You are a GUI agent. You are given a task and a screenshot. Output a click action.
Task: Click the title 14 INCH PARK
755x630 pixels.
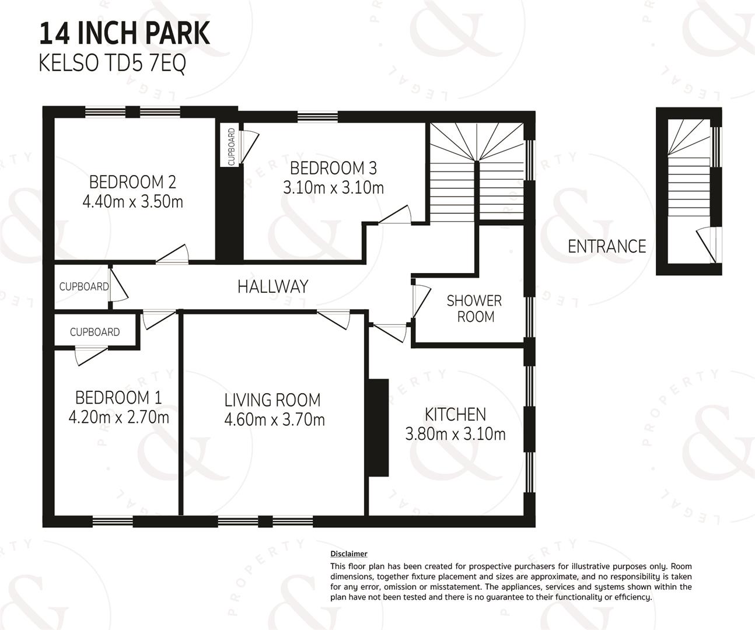(x=125, y=33)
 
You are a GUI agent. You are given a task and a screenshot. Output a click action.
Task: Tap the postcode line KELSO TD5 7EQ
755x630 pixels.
(x=113, y=63)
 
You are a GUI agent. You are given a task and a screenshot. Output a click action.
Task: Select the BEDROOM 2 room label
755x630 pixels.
(x=132, y=182)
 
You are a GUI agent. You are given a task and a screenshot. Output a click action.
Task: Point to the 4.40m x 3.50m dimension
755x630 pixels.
(x=132, y=202)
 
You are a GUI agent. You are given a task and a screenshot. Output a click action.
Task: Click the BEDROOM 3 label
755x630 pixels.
(x=333, y=168)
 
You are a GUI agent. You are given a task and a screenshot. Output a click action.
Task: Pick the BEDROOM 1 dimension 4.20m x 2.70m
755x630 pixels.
(x=118, y=418)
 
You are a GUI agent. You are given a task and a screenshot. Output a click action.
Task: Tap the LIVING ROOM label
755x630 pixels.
(x=272, y=400)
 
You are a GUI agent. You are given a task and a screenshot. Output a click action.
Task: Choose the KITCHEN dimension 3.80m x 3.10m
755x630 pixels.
(x=455, y=434)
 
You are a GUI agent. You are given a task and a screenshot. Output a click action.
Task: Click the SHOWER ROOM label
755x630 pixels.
(x=474, y=309)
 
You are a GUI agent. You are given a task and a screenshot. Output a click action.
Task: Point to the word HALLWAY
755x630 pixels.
(x=273, y=286)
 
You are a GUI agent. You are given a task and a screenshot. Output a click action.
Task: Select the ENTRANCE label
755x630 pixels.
(x=607, y=247)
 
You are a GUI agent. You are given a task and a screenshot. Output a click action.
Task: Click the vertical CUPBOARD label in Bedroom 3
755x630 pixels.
(x=232, y=146)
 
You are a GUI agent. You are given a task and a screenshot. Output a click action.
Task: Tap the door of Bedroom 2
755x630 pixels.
(x=173, y=253)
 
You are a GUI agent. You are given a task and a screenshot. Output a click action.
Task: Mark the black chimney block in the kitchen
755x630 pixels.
(x=379, y=428)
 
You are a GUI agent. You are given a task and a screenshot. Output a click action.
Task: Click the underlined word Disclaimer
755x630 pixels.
(x=348, y=554)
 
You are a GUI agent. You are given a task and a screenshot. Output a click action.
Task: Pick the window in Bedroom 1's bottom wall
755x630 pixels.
(x=113, y=521)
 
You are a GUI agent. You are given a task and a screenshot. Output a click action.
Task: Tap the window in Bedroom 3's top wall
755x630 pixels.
(x=317, y=117)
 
